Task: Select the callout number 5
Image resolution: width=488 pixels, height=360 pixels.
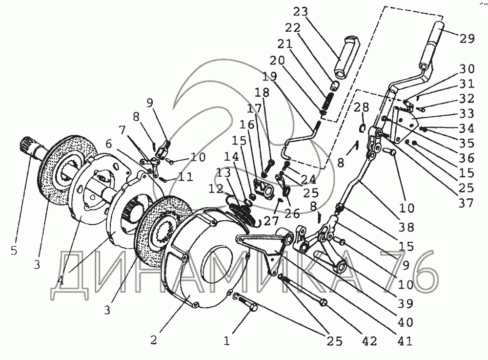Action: click(x=13, y=250)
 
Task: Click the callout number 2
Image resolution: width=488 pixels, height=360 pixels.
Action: click(x=154, y=340)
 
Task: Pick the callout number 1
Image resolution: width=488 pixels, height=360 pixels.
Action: click(x=226, y=341)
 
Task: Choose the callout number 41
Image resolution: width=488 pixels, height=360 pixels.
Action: click(x=405, y=341)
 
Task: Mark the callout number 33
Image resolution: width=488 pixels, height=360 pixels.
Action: click(x=467, y=113)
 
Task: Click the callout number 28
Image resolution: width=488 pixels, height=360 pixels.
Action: click(x=361, y=108)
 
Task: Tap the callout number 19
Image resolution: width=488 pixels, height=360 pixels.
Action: click(x=270, y=77)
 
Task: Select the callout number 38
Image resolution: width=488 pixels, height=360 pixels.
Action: click(x=407, y=227)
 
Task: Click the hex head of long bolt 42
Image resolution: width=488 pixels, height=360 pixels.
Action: click(x=324, y=302)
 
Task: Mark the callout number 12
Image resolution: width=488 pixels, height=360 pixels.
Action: click(x=216, y=189)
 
